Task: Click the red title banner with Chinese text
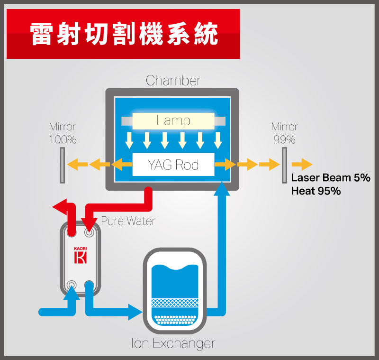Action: (x=123, y=34)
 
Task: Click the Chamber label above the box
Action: (x=173, y=80)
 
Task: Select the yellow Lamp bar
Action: (x=173, y=121)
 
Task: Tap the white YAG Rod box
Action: (x=173, y=165)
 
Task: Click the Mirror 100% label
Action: (x=63, y=133)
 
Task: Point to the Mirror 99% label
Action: (x=285, y=133)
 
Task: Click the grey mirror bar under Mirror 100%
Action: (x=63, y=165)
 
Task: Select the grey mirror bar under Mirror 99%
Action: (x=285, y=165)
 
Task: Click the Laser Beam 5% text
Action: (x=330, y=178)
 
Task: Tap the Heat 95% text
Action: (x=316, y=191)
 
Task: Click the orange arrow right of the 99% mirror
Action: (x=302, y=165)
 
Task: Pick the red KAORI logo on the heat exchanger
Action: (x=80, y=256)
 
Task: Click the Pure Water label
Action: (x=128, y=221)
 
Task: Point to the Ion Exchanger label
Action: (x=173, y=343)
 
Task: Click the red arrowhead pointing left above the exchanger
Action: (x=60, y=207)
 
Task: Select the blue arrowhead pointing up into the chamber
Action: (x=222, y=189)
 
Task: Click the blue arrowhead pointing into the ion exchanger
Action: (x=135, y=312)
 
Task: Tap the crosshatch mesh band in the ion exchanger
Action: (x=175, y=303)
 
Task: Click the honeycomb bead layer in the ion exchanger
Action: (x=175, y=320)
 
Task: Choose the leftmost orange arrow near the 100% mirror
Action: (x=77, y=165)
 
